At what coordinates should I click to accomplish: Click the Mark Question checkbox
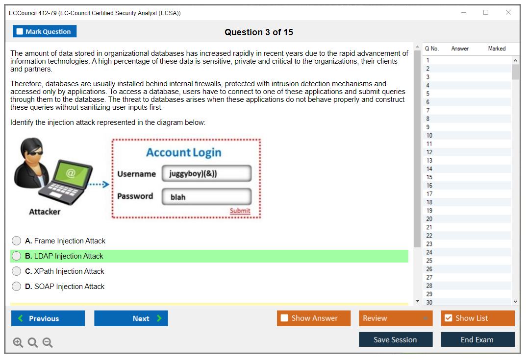(20, 31)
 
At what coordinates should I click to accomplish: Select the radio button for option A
(17, 241)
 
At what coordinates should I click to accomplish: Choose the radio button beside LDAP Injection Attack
(17, 256)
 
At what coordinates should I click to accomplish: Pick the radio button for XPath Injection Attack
(17, 271)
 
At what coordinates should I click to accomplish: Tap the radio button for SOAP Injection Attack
(17, 287)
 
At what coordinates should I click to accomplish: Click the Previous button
(48, 318)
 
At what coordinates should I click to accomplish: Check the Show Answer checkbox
(284, 318)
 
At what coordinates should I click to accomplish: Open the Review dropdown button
(396, 318)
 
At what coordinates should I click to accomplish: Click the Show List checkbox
(449, 318)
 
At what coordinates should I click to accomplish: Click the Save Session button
(396, 339)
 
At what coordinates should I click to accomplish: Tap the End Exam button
(477, 339)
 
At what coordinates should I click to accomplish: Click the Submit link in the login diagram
(240, 211)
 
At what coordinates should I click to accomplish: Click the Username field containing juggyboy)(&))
(207, 173)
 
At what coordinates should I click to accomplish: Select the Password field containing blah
(207, 197)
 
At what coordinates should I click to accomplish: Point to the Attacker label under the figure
(45, 212)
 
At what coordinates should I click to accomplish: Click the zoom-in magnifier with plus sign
(18, 342)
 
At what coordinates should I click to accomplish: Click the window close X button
(508, 12)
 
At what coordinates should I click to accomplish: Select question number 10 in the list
(429, 135)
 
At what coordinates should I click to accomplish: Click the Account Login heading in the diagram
(183, 153)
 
